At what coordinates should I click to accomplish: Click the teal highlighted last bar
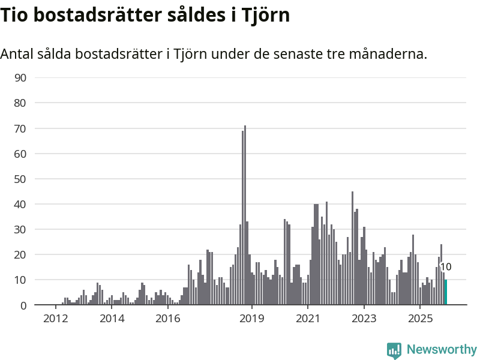click(x=446, y=292)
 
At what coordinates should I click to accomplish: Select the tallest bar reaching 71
click(x=245, y=216)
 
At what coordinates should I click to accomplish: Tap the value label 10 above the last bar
click(x=446, y=267)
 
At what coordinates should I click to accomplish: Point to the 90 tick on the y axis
click(x=20, y=77)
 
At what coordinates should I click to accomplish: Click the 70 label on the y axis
click(x=20, y=128)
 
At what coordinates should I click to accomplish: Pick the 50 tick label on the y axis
click(x=20, y=179)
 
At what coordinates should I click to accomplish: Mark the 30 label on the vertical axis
click(x=20, y=229)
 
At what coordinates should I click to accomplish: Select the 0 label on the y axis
click(x=23, y=305)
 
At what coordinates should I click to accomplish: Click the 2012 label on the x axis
click(x=55, y=318)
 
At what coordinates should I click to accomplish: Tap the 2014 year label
click(x=112, y=318)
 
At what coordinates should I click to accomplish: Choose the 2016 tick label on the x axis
click(x=168, y=318)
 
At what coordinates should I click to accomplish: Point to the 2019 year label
click(x=252, y=318)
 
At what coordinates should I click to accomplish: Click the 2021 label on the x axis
click(x=308, y=318)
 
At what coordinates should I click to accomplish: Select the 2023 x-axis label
click(x=364, y=318)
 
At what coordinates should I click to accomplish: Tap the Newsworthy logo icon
click(x=394, y=350)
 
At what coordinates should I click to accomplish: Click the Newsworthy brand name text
click(x=442, y=349)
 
